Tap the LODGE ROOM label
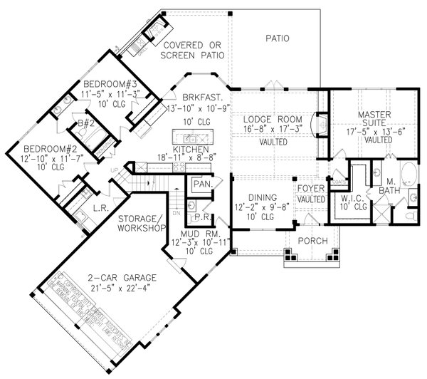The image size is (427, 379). coord(273,118)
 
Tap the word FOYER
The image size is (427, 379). coord(310,189)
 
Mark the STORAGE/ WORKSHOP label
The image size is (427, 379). coord(141,222)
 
